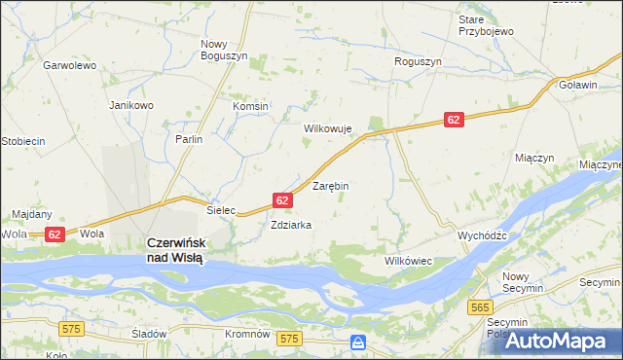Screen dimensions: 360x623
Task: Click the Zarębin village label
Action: (x=330, y=185)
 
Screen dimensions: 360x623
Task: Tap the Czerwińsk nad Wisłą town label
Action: (x=174, y=250)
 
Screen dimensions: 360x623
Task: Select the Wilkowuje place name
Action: (x=327, y=128)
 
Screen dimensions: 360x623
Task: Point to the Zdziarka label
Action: (x=291, y=224)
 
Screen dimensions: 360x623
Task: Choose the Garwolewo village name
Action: (x=69, y=66)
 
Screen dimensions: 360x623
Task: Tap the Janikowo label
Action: (x=131, y=105)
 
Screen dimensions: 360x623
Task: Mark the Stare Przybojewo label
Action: (x=486, y=25)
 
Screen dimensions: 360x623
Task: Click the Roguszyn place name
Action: (x=418, y=61)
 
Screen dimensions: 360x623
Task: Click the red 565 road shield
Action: (x=478, y=306)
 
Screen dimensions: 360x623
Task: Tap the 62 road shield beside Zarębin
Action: (x=281, y=199)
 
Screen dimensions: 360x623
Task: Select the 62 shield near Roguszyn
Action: (x=454, y=119)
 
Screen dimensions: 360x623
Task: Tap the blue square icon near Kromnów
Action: (x=358, y=342)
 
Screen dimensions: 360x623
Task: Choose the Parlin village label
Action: (x=189, y=139)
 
